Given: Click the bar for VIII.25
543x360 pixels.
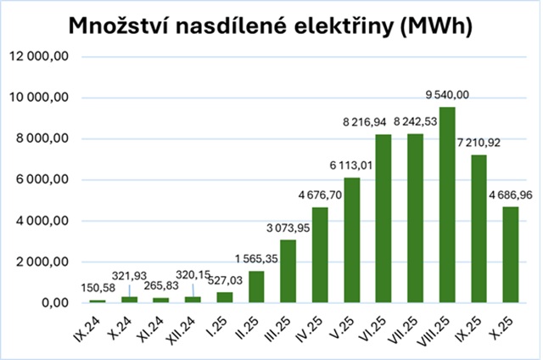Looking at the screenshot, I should point(448,205).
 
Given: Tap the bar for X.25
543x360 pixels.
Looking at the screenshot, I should point(511,255).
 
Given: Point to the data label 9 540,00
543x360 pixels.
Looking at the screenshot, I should point(448,96).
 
